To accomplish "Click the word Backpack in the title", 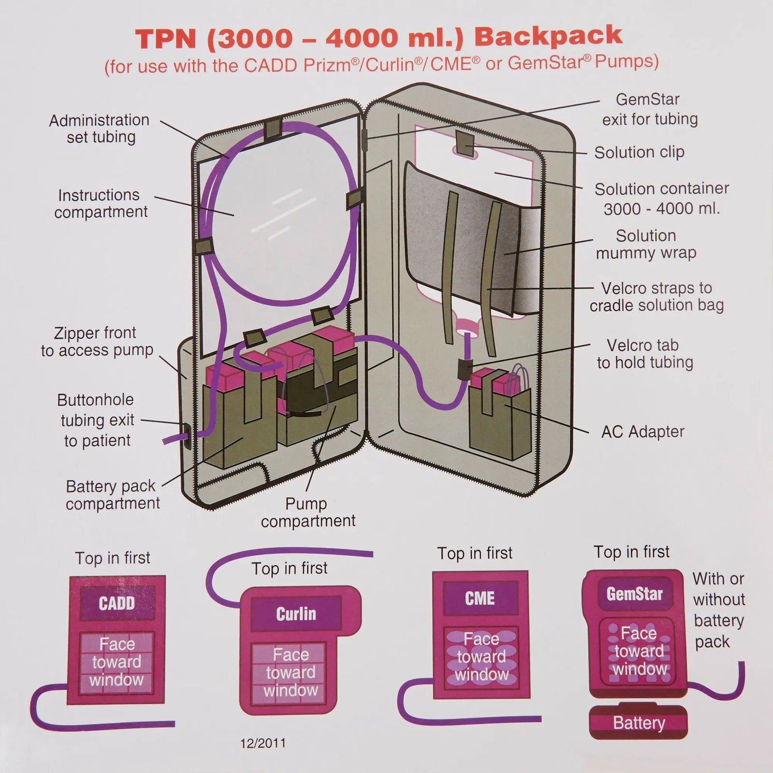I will [548, 36].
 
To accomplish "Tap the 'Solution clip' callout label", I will [639, 152].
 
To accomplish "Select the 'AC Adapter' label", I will [643, 431].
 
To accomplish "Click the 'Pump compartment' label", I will [308, 512].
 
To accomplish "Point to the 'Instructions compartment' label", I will [100, 203].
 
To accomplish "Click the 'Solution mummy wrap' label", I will [646, 244].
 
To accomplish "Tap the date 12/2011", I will [263, 743].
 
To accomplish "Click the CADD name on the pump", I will [116, 603].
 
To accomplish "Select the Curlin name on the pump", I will [296, 614].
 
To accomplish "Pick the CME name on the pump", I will [480, 598].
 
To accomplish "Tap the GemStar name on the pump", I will [634, 593].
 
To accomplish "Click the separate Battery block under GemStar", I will [639, 723].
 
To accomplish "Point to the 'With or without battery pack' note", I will [718, 610].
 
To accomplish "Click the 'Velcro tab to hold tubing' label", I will [644, 354].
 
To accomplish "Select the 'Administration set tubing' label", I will [100, 129].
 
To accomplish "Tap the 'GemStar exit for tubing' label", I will [649, 109].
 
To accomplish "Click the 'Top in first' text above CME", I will [474, 553].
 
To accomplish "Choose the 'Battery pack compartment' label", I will [112, 495].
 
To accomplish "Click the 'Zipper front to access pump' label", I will [97, 342].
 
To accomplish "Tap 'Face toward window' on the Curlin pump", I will [290, 673].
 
